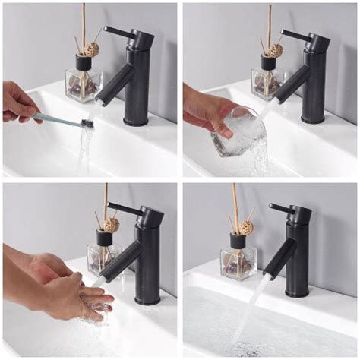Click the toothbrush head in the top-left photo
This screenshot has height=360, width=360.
click(87, 122)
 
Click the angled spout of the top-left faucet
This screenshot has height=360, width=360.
click(115, 84)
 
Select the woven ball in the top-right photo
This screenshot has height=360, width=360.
click(274, 50)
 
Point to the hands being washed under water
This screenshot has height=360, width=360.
click(72, 292)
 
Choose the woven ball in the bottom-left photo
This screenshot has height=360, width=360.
click(111, 225)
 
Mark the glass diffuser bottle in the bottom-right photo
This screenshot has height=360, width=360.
click(238, 263)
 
